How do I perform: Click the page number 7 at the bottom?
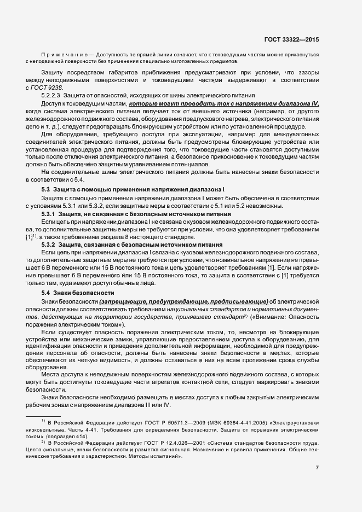coord(318,468)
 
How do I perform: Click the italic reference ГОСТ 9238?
coord(47,88)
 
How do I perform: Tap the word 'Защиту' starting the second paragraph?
coord(53,72)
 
